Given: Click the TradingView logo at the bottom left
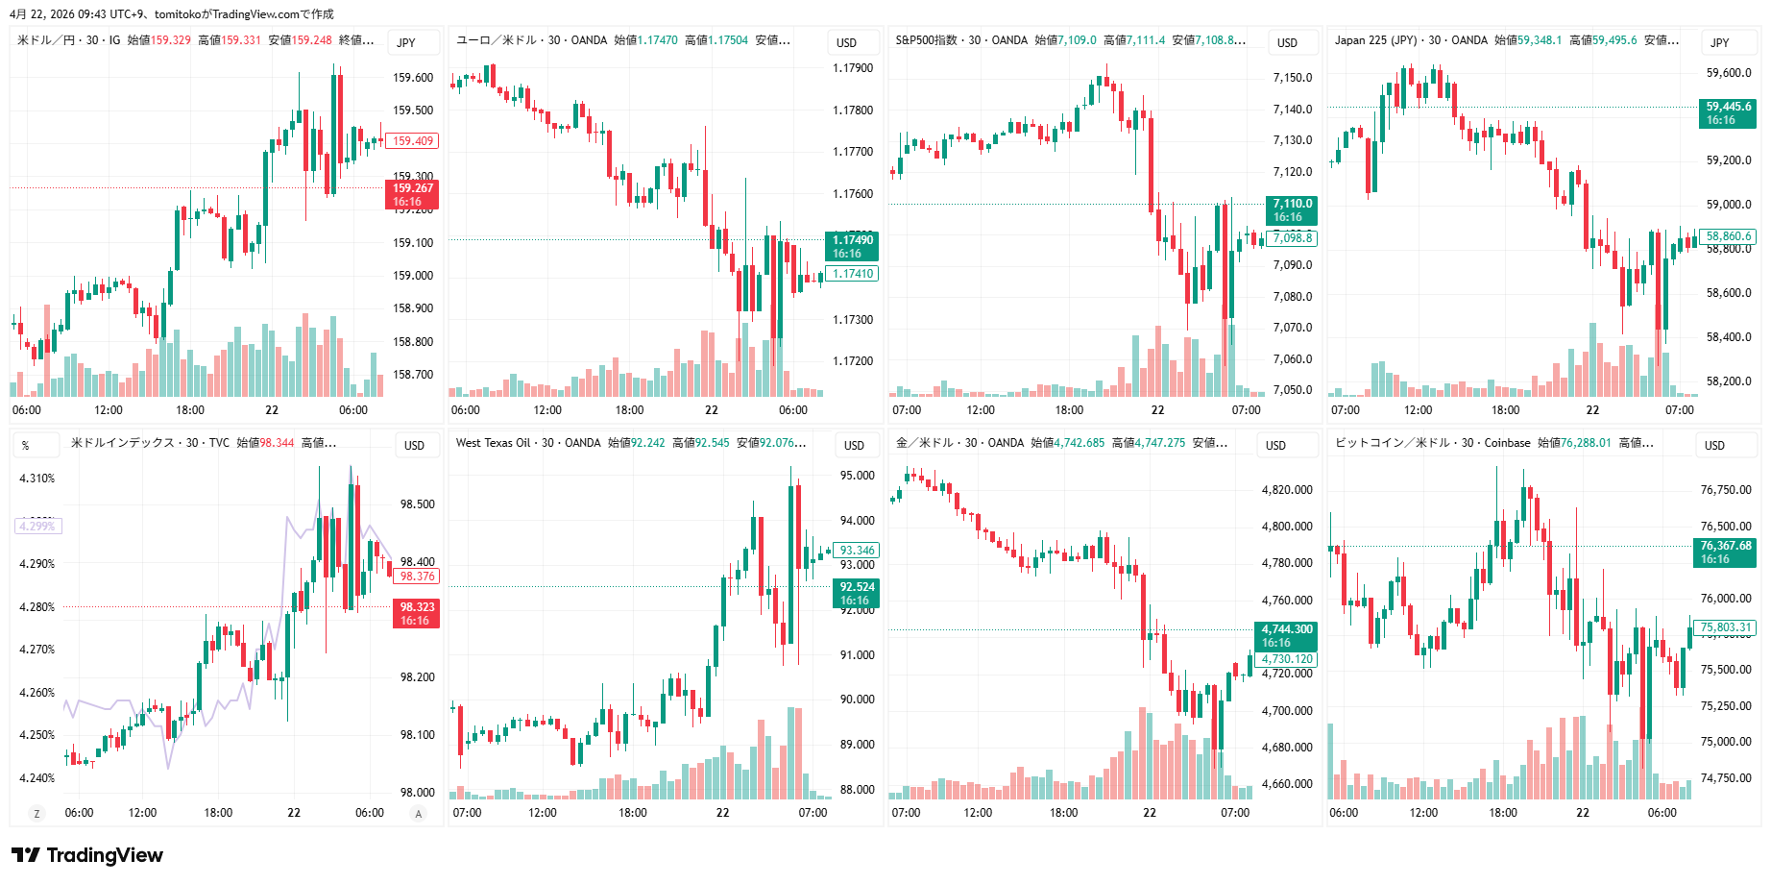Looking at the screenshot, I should point(86,855).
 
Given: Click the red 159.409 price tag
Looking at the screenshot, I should point(412,141).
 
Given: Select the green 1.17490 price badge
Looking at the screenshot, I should point(852,247).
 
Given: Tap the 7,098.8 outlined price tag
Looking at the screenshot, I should point(1292,238).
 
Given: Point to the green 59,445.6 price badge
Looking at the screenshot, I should point(1729,113).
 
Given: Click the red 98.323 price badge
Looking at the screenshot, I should point(416,613).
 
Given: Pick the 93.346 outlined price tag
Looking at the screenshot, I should point(857,551).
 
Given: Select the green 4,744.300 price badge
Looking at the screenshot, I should point(1286,636).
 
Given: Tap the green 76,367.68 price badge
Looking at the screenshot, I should point(1726,552).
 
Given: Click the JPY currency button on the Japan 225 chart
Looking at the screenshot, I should point(1719,42).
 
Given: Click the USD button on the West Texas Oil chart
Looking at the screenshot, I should point(854,445).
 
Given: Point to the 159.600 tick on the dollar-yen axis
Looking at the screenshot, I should point(413,78).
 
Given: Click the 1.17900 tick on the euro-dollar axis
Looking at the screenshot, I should point(853,68).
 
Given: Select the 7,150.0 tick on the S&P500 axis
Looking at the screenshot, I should point(1292,78).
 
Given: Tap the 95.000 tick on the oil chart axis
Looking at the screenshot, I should point(857,476).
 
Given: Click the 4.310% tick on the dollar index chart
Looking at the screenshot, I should point(37,479).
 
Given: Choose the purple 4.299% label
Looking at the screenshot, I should point(37,526).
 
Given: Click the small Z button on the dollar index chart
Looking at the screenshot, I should point(37,814).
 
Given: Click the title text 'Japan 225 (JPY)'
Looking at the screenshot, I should point(1375,40).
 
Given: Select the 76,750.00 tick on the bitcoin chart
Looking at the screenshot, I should point(1726,490).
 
